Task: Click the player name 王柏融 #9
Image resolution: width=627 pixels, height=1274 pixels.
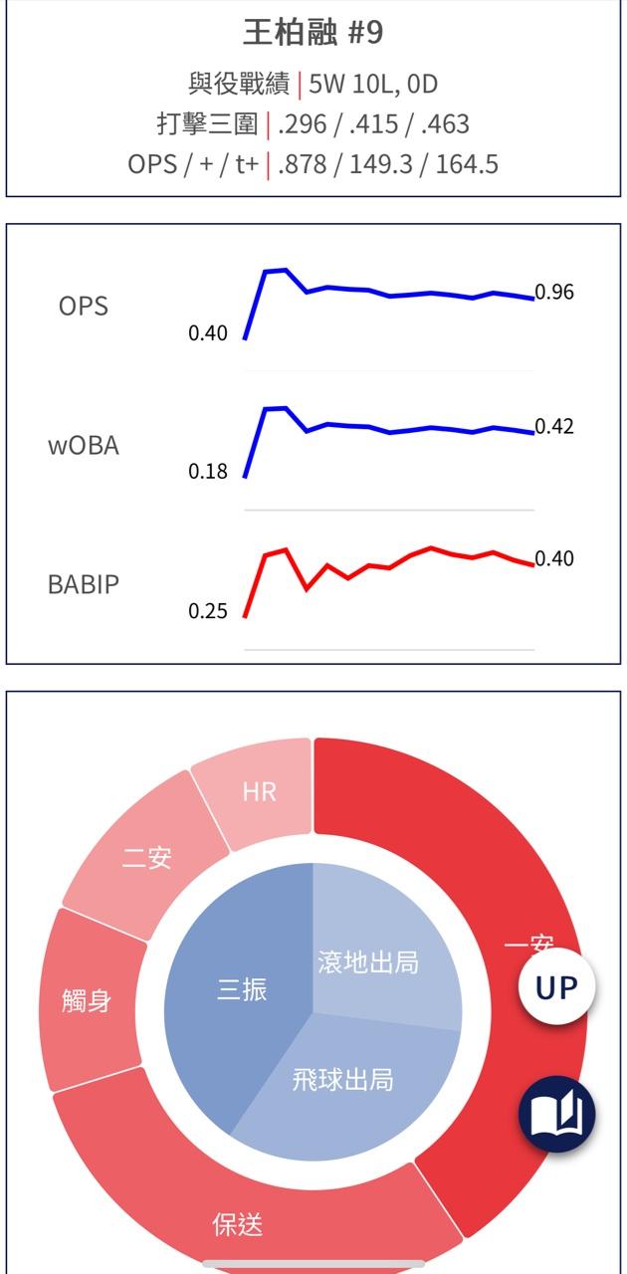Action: click(x=313, y=33)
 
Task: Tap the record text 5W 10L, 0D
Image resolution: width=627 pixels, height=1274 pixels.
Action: click(x=373, y=84)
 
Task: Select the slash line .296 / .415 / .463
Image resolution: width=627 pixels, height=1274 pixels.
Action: click(x=373, y=124)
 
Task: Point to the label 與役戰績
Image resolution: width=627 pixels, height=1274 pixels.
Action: click(x=239, y=84)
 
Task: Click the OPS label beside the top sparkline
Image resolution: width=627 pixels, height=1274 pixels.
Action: click(x=83, y=306)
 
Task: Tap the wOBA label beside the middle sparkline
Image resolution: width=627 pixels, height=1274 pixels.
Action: click(x=84, y=445)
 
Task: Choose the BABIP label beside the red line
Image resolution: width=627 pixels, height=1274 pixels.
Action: click(x=84, y=584)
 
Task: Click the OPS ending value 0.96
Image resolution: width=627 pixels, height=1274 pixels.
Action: click(x=554, y=293)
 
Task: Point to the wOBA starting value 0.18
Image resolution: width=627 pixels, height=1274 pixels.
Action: click(x=208, y=472)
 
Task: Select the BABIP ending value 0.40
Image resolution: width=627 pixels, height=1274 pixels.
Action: click(x=554, y=558)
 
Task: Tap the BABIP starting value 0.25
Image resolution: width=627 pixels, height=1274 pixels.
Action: click(x=208, y=611)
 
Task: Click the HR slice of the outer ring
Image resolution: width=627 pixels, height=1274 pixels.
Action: click(x=260, y=792)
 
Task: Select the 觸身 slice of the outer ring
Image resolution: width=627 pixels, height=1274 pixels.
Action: click(x=87, y=1000)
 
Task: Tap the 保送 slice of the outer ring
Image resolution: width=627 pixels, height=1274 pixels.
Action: click(x=238, y=1223)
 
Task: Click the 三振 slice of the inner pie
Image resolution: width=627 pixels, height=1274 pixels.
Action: click(x=242, y=990)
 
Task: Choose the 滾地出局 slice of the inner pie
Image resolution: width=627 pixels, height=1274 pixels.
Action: click(x=368, y=962)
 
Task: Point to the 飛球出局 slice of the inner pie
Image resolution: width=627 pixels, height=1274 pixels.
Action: click(x=342, y=1079)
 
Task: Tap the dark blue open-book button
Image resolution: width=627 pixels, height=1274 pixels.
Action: click(x=556, y=1115)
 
